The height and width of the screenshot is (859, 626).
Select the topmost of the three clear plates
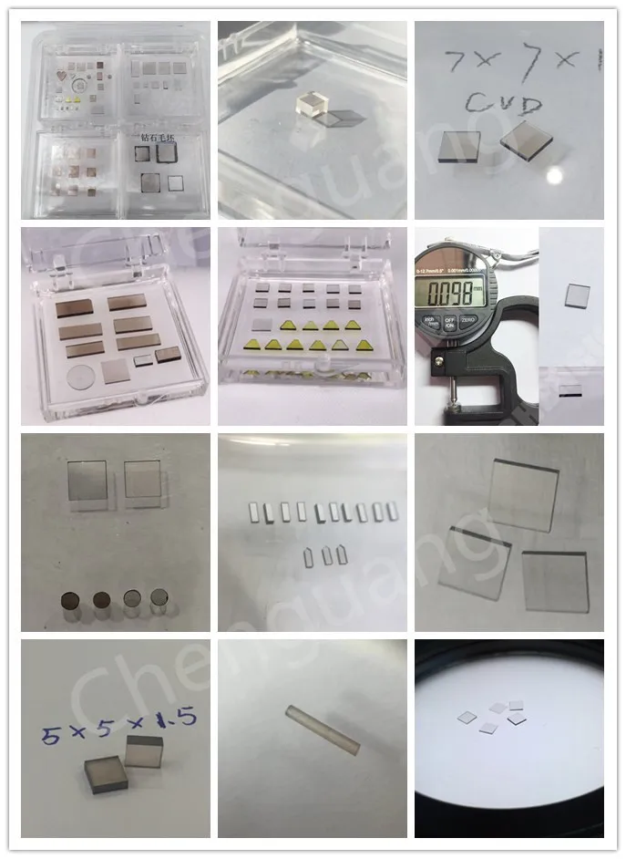(524, 492)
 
